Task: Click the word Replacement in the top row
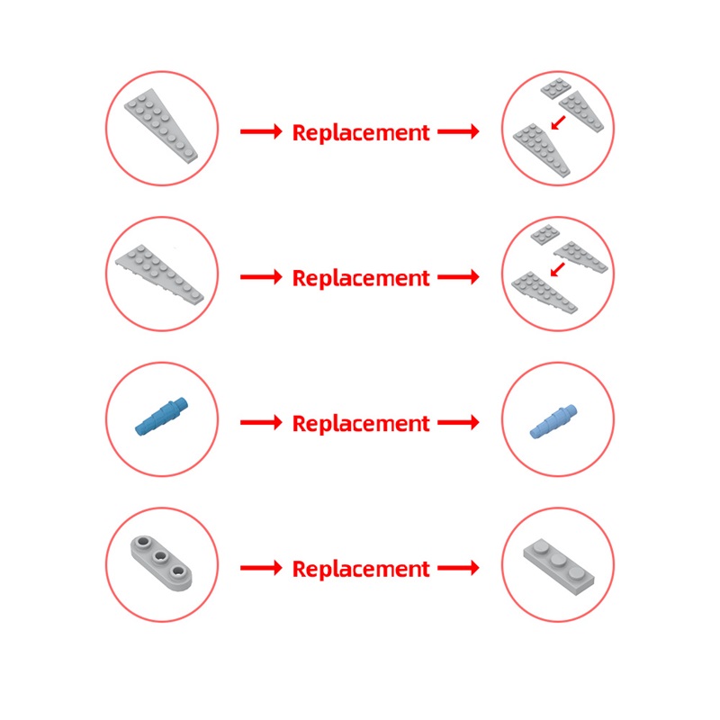pyautogui.click(x=361, y=132)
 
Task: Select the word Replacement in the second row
pyautogui.click(x=361, y=278)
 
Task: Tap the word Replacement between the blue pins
pyautogui.click(x=361, y=423)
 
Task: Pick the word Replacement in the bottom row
pyautogui.click(x=361, y=569)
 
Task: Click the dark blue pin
pyautogui.click(x=162, y=416)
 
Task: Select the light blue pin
pyautogui.click(x=553, y=421)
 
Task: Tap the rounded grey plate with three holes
pyautogui.click(x=161, y=563)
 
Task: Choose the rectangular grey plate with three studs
pyautogui.click(x=559, y=567)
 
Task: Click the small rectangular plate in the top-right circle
pyautogui.click(x=555, y=88)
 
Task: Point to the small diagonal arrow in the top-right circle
pyautogui.click(x=558, y=122)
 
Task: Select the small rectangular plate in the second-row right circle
pyautogui.click(x=545, y=235)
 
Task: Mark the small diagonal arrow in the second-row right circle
pyautogui.click(x=557, y=269)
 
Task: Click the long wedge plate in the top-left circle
pyautogui.click(x=161, y=125)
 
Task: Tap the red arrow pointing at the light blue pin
pyautogui.click(x=458, y=422)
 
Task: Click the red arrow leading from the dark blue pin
pyautogui.click(x=261, y=422)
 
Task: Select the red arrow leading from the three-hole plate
pyautogui.click(x=261, y=568)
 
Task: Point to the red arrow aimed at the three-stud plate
pyautogui.click(x=458, y=568)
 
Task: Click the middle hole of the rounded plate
pyautogui.click(x=161, y=557)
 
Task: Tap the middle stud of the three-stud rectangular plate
pyautogui.click(x=558, y=559)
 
